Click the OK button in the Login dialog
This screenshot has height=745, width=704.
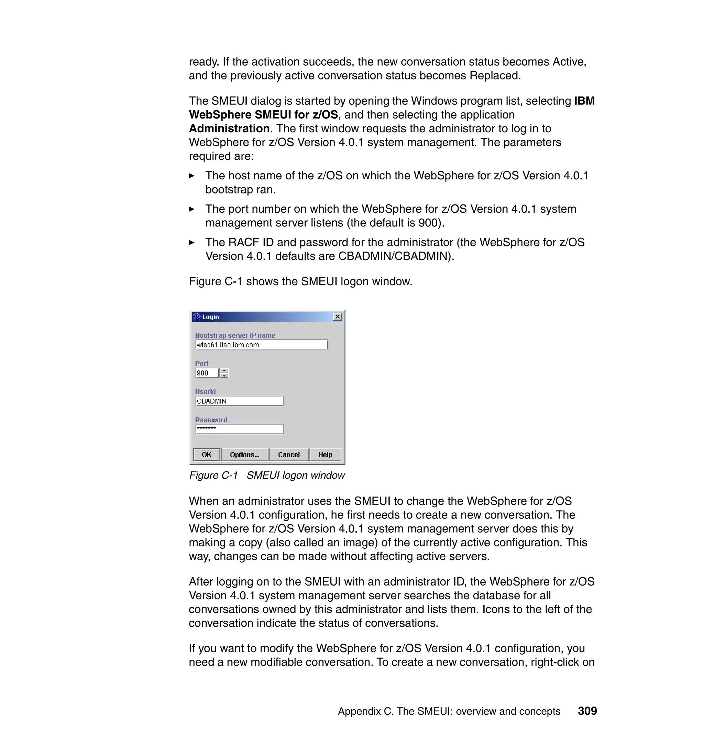tap(206, 455)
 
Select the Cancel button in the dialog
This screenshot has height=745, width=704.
tap(289, 455)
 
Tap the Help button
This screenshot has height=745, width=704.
tap(325, 455)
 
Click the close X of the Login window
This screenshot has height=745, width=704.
tap(338, 316)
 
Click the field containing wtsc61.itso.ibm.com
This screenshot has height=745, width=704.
tap(261, 345)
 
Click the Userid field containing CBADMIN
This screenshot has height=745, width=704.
tap(239, 401)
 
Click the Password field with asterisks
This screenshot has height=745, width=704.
tap(239, 429)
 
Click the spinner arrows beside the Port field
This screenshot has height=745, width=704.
tap(224, 373)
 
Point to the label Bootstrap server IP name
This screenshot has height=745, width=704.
tap(235, 335)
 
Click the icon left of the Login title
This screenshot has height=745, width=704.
tap(197, 317)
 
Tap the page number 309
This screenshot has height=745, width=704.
tap(587, 711)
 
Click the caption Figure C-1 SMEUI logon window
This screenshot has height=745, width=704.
tap(267, 475)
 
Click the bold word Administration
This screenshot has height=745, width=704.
tap(229, 129)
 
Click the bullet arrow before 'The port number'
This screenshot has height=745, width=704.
tap(192, 209)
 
